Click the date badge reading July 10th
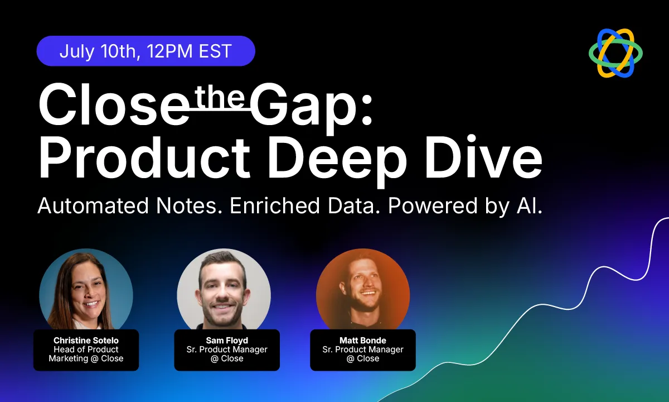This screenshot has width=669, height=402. coord(146,51)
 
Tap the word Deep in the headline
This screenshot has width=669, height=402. coord(337,162)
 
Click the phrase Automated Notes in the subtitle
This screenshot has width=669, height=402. coord(130,206)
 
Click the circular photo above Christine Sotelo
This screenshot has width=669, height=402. coord(86,290)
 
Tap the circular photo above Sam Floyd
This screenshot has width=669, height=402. coord(224,290)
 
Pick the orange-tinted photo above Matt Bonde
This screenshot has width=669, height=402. coord(363,290)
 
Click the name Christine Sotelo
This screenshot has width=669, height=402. coord(86,341)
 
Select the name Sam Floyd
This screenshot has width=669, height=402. coord(227,341)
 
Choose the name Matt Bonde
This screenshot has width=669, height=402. coord(363,341)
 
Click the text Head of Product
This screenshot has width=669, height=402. coord(86,350)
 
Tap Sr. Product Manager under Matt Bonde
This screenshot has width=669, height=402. coord(363,350)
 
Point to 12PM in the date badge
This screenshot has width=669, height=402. coord(169,51)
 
